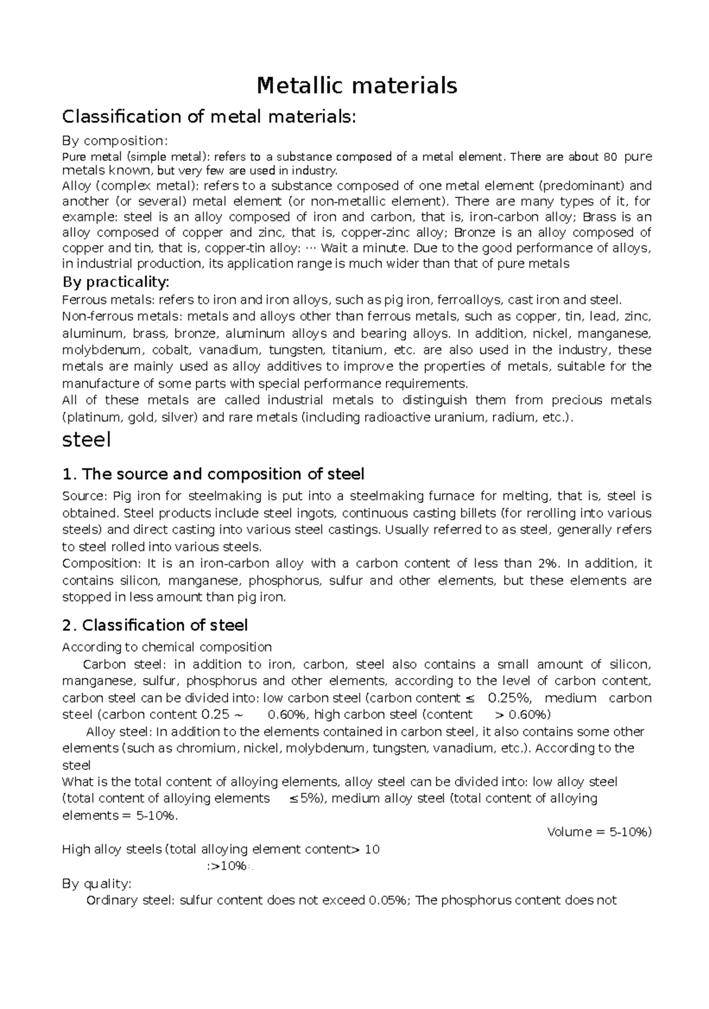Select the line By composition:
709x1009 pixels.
pos(115,141)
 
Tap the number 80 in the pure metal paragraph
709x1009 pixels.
pos(610,157)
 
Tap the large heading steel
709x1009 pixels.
pos(86,440)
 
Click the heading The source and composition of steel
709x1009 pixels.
pos(213,474)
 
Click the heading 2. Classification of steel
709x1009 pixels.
pos(155,625)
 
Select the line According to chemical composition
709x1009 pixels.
pos(167,647)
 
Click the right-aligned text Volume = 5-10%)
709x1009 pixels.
pos(599,832)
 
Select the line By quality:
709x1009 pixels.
pos(97,884)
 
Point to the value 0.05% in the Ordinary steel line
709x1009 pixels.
pos(388,900)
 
